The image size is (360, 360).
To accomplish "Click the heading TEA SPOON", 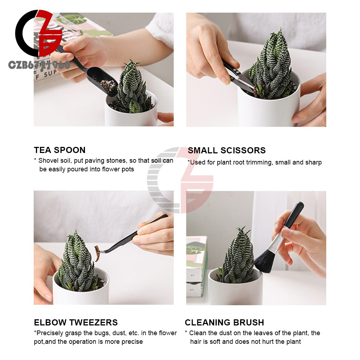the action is pyautogui.click(x=60, y=150).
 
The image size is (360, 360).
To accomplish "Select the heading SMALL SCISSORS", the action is pyautogui.click(x=226, y=150).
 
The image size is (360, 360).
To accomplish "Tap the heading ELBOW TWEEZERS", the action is pyautogui.click(x=76, y=322).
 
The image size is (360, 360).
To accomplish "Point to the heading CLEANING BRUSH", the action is pyautogui.click(x=224, y=322).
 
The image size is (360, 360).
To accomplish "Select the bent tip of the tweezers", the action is pyautogui.click(x=101, y=252).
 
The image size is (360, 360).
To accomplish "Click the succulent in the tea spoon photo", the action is pyautogui.click(x=132, y=89).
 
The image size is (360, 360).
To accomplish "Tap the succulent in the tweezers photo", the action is pyautogui.click(x=77, y=262).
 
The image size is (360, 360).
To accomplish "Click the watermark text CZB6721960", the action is pyautogui.click(x=39, y=65).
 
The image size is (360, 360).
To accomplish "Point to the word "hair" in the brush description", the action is pyautogui.click(x=195, y=342).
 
